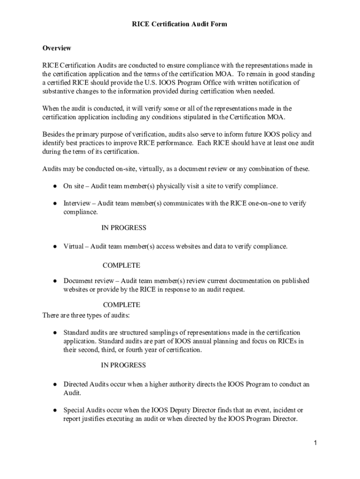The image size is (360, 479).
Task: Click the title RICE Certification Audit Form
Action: (180, 24)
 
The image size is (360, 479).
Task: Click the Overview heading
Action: (57, 48)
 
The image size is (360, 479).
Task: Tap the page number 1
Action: (316, 443)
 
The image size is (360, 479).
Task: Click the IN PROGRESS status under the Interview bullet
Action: (124, 228)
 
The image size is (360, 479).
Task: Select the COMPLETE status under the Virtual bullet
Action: (121, 265)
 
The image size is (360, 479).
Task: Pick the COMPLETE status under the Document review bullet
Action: (121, 305)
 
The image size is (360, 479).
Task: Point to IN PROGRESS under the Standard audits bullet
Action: (123, 365)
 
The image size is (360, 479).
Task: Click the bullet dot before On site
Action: (55, 186)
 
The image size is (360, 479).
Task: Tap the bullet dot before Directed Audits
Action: (55, 385)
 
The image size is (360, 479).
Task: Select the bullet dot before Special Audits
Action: (55, 410)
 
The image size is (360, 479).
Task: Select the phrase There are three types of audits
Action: (83, 315)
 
